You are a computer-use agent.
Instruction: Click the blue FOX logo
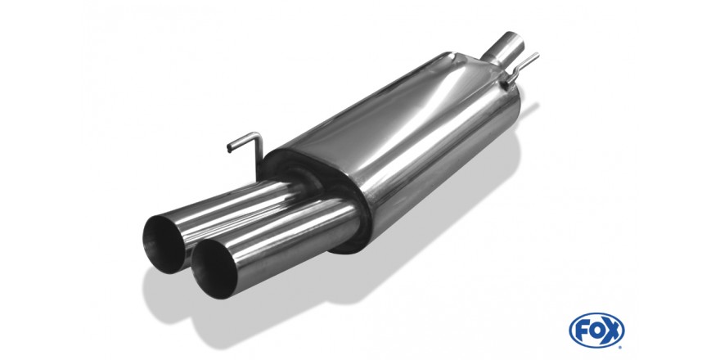pos(596,331)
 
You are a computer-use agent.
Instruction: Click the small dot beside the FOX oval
pos(621,346)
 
